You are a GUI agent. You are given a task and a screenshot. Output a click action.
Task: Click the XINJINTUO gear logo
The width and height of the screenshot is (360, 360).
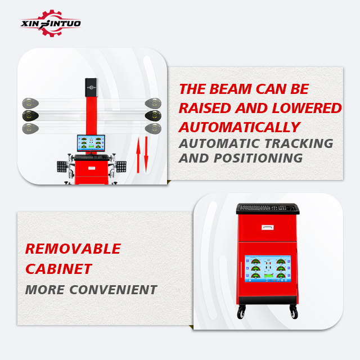[51, 23]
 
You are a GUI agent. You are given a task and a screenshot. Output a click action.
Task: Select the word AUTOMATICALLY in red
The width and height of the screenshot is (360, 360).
[240, 127]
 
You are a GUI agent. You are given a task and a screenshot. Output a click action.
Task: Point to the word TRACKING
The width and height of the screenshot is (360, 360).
[299, 143]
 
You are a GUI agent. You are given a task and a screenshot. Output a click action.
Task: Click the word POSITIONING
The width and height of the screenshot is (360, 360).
[258, 158]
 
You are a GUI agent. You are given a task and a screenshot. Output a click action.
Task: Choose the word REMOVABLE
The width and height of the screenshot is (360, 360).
[73, 249]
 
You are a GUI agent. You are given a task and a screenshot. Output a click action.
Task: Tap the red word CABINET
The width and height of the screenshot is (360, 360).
[58, 269]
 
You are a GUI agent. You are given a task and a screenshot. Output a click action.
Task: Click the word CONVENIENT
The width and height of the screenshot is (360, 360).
[113, 290]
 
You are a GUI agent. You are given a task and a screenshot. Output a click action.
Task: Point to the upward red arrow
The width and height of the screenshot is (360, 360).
[138, 155]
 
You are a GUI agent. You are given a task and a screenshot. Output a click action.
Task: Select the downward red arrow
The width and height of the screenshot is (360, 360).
[146, 155]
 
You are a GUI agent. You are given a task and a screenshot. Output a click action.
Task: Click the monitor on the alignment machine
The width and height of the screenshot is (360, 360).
[91, 143]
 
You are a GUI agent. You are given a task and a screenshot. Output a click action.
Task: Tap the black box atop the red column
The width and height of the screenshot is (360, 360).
[91, 88]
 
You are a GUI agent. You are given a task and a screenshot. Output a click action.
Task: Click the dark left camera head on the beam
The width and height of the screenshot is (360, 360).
[30, 115]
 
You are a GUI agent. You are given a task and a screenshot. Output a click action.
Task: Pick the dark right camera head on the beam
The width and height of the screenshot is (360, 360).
[153, 115]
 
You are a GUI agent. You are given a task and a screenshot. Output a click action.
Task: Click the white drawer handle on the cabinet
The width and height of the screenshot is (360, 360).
[268, 227]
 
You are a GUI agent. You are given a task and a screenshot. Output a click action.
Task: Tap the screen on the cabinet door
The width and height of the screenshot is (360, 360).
[268, 269]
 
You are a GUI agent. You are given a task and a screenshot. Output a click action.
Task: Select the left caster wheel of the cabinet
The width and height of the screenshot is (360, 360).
[241, 312]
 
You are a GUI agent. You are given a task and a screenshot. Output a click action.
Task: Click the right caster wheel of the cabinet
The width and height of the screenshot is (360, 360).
[294, 312]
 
